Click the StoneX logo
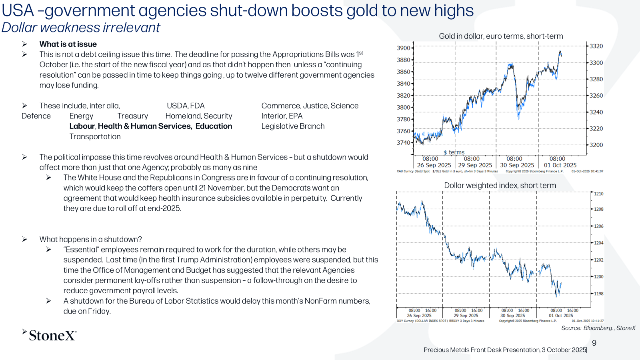coord(49,335)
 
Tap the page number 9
coord(594,343)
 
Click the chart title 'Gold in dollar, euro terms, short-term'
coord(501,36)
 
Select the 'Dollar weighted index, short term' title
coord(500,186)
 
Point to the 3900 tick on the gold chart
coord(403,48)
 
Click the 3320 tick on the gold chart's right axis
coord(596,46)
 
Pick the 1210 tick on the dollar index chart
coord(598,194)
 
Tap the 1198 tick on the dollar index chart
coord(598,294)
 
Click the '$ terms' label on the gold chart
coord(454,152)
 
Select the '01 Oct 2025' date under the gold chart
coord(560,165)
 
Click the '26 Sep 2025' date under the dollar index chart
coord(419,316)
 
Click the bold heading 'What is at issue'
coord(68,44)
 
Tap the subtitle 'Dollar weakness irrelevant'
coord(81,28)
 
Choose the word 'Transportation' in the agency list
coord(95,136)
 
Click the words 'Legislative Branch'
coord(293,126)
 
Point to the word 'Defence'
coord(36,116)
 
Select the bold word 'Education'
coord(214,126)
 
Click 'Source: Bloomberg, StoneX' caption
coord(598,328)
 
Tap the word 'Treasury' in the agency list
coord(132,116)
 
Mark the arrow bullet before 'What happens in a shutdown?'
coord(24,239)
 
